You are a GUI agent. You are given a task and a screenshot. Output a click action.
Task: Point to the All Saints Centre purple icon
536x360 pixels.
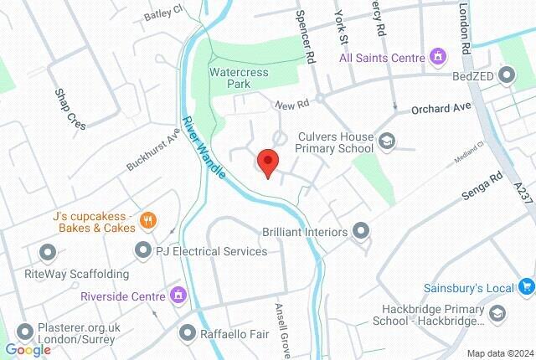click(x=436, y=57)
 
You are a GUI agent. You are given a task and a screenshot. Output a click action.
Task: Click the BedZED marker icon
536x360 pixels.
click(x=506, y=76)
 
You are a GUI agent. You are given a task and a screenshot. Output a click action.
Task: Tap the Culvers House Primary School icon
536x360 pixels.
click(x=386, y=141)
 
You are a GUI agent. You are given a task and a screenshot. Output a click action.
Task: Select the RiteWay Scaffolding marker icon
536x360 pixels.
click(x=48, y=251)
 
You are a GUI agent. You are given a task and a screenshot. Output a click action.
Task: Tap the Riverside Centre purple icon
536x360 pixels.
click(x=178, y=296)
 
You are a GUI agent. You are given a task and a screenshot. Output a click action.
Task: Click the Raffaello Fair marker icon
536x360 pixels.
click(x=188, y=332)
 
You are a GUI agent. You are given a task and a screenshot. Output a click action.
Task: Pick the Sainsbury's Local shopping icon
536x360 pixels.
click(x=525, y=288)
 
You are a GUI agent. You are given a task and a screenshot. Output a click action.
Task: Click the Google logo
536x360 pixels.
click(x=28, y=350)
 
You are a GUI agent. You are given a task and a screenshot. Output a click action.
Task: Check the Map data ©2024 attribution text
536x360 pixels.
click(x=499, y=352)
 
